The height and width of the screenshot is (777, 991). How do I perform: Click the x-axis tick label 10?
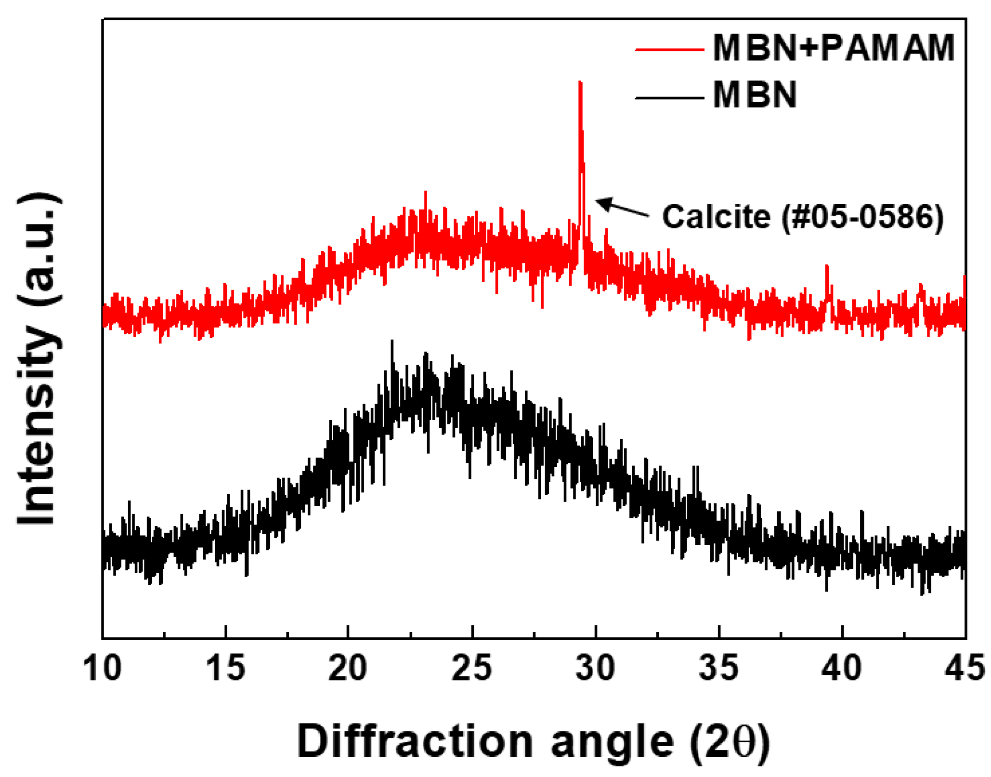click(x=102, y=669)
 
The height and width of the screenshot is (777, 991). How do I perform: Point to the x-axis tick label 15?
click(x=225, y=669)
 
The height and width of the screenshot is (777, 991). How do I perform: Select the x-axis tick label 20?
click(x=348, y=669)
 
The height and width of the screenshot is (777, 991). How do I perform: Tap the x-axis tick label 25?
click(x=472, y=669)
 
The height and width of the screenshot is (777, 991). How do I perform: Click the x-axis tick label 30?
click(x=596, y=669)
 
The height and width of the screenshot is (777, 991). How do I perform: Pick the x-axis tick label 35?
click(x=719, y=669)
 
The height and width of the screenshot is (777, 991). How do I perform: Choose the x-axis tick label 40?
click(x=842, y=669)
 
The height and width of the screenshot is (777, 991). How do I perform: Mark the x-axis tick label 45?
click(x=965, y=669)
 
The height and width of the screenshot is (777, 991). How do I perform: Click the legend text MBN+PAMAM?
click(x=834, y=48)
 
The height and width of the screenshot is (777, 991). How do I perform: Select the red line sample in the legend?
click(x=669, y=49)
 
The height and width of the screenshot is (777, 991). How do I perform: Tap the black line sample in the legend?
click(x=669, y=98)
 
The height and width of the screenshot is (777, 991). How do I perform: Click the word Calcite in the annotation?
click(x=717, y=217)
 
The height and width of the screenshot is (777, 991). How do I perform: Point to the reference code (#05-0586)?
click(x=862, y=217)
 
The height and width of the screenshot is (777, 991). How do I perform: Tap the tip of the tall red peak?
click(x=580, y=83)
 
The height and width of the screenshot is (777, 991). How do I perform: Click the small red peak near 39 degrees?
click(x=827, y=266)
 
